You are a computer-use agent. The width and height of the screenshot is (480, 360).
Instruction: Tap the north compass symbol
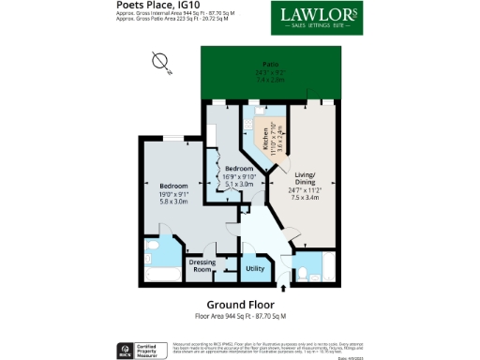coord(161,64)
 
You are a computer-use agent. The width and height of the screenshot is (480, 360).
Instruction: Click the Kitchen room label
coord(266,142)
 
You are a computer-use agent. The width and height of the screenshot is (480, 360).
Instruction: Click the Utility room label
coord(254,269)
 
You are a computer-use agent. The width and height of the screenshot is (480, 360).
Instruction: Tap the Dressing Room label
coord(203,265)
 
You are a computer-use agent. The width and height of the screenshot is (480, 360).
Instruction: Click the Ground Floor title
coord(239,305)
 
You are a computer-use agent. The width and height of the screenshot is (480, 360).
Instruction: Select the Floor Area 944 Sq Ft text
coord(239,316)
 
